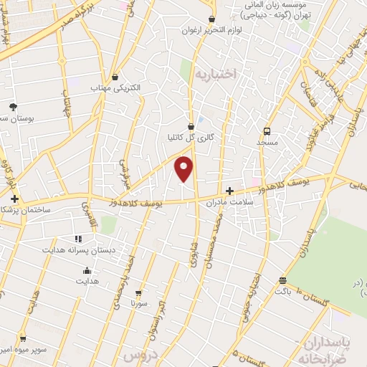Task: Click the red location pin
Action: (184, 168)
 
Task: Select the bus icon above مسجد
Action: (267, 131)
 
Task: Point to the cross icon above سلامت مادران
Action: (229, 191)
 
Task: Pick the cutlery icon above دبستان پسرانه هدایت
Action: (78, 239)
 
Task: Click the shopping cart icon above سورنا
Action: (139, 292)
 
